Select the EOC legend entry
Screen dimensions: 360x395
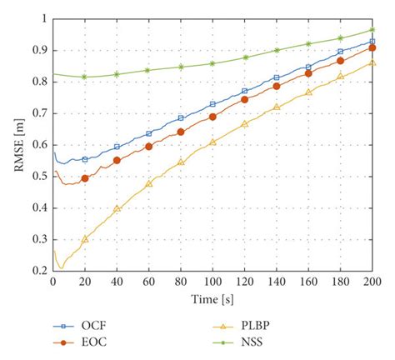point(94,342)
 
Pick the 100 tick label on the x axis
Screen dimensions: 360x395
point(212,282)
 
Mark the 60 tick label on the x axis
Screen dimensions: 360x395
point(148,282)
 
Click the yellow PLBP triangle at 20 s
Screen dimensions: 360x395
point(85,239)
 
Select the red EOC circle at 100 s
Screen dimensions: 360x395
point(212,117)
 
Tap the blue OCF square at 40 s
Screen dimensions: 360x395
point(117,147)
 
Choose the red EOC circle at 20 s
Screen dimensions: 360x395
point(85,178)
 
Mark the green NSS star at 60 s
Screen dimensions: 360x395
point(148,70)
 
